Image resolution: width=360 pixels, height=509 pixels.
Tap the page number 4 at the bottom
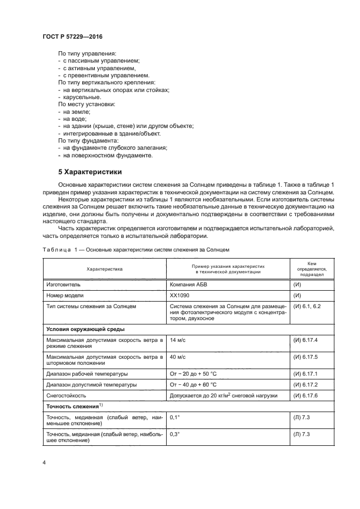tap(44, 463)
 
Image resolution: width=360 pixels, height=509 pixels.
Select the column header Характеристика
tap(105, 269)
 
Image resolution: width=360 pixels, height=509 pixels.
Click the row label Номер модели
tap(65, 296)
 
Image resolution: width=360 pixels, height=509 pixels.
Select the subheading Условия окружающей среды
tap(86, 329)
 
